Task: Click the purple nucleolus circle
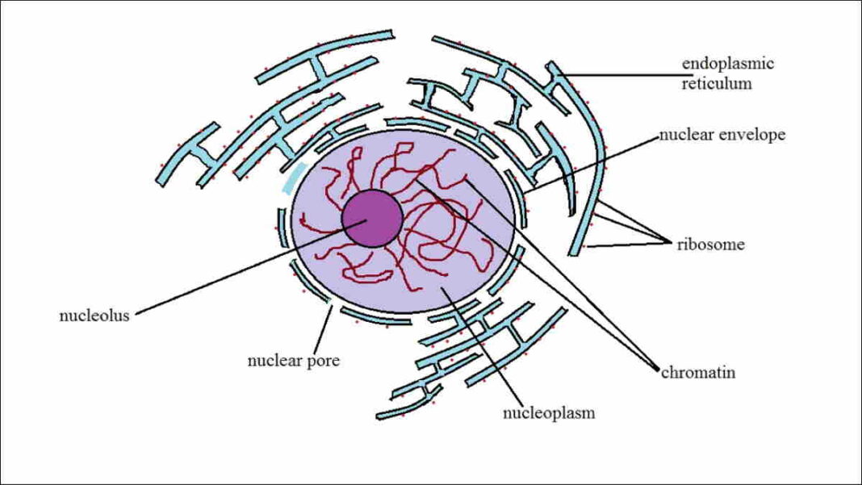click(x=372, y=219)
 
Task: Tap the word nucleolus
click(x=94, y=316)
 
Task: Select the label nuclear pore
click(x=293, y=361)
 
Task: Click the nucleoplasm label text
click(x=549, y=413)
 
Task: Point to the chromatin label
click(x=698, y=373)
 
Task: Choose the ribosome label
click(x=710, y=245)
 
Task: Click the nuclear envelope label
click(x=722, y=135)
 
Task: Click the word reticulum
click(x=717, y=83)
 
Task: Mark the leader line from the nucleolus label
click(x=242, y=268)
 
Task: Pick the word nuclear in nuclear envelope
click(x=688, y=135)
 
